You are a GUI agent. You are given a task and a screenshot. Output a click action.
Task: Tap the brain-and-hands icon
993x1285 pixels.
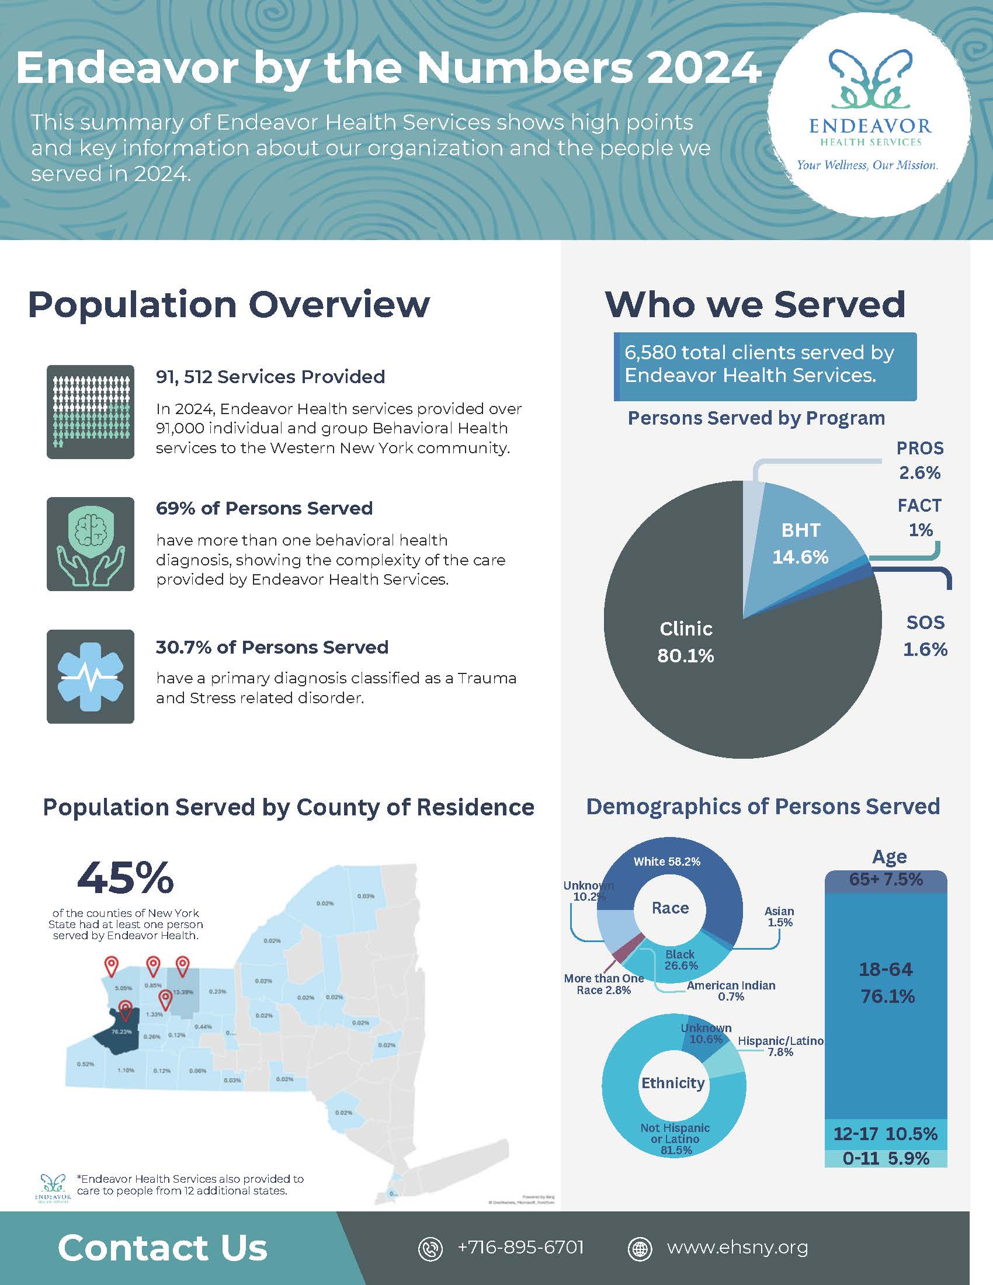pyautogui.click(x=91, y=544)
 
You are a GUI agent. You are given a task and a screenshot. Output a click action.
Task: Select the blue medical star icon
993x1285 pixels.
pyautogui.click(x=91, y=676)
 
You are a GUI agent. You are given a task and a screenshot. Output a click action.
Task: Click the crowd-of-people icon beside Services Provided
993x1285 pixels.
pyautogui.click(x=91, y=411)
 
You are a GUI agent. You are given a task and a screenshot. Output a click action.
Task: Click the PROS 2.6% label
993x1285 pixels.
pyautogui.click(x=919, y=461)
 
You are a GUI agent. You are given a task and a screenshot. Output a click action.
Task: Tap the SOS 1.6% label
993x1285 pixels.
pyautogui.click(x=925, y=636)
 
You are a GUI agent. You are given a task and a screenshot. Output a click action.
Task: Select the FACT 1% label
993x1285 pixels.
pyautogui.click(x=919, y=518)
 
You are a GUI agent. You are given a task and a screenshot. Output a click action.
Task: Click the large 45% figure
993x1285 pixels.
pyautogui.click(x=126, y=878)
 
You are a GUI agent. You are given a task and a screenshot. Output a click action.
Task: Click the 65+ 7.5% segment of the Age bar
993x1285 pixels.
pyautogui.click(x=886, y=880)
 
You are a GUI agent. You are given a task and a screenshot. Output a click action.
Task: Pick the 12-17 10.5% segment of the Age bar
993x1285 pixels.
pyautogui.click(x=886, y=1134)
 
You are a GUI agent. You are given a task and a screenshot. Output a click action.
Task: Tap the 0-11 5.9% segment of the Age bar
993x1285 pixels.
pyautogui.click(x=886, y=1158)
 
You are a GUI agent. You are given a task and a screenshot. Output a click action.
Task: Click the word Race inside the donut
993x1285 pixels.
pyautogui.click(x=670, y=908)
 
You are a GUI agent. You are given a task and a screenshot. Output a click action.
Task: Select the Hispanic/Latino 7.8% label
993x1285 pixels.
pyautogui.click(x=780, y=1046)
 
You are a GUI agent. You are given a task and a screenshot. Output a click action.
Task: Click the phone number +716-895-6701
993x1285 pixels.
pyautogui.click(x=520, y=1248)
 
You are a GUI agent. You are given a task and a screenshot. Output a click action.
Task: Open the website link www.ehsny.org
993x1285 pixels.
pyautogui.click(x=737, y=1248)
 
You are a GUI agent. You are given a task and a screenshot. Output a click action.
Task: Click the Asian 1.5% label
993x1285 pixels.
pyautogui.click(x=779, y=916)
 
